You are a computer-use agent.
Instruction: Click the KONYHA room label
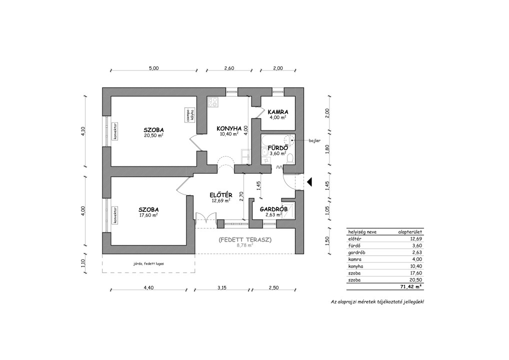(x=229, y=128)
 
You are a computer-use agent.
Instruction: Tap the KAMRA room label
(x=278, y=112)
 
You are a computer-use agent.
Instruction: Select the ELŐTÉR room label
(x=220, y=195)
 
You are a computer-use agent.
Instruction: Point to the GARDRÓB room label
(x=273, y=209)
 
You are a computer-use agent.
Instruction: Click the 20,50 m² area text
(x=153, y=135)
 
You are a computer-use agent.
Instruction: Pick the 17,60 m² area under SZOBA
(x=148, y=215)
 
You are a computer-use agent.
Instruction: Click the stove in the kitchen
(x=213, y=102)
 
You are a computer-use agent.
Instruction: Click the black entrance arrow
(x=309, y=182)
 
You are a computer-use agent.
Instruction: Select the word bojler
(x=314, y=140)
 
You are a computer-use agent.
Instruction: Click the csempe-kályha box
(x=189, y=115)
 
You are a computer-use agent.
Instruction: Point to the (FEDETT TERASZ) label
(x=245, y=240)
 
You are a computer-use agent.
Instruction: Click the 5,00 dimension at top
(x=153, y=68)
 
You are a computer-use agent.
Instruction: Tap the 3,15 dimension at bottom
(x=222, y=287)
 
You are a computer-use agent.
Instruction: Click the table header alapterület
(x=410, y=232)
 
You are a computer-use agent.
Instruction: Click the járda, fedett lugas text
(x=148, y=263)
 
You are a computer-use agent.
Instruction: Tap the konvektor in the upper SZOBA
(x=115, y=131)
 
